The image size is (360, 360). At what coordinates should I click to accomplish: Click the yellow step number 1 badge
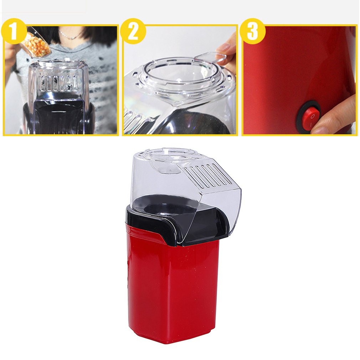pos(14,31)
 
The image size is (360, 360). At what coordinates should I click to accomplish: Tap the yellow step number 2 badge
pos(133,31)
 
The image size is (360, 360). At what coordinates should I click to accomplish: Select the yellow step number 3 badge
pos(252,31)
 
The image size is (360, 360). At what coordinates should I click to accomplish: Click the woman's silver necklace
pos(70,36)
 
